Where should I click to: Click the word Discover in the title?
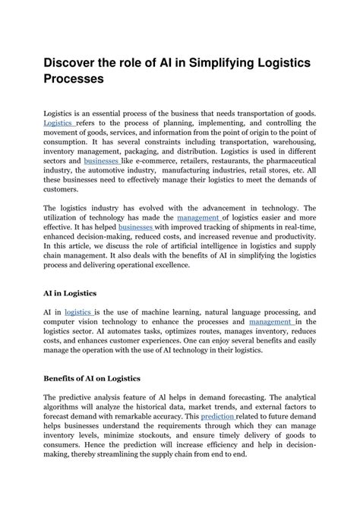tap(77, 60)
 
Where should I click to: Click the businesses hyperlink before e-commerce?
tap(100, 162)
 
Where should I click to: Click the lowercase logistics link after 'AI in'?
tap(78, 311)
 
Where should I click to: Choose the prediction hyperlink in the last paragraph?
tap(216, 416)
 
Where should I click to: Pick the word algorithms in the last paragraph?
tap(67, 406)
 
